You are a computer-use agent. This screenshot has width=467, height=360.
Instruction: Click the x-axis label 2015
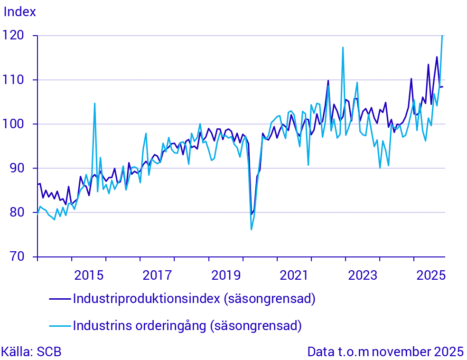click(89, 275)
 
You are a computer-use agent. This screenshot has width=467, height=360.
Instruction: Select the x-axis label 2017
click(157, 275)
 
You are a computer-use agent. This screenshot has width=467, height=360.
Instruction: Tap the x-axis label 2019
click(225, 275)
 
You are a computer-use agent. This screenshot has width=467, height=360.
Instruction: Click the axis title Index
click(20, 12)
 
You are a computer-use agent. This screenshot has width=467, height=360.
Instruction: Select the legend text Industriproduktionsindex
click(147, 299)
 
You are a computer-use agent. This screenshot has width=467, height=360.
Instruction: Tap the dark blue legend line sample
click(60, 299)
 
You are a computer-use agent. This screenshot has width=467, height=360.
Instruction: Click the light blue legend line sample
click(60, 326)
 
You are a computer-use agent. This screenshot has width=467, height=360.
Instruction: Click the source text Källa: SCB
click(31, 352)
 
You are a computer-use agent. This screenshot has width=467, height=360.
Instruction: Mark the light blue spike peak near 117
click(343, 47)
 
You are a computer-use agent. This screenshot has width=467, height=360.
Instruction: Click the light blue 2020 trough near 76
click(251, 230)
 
